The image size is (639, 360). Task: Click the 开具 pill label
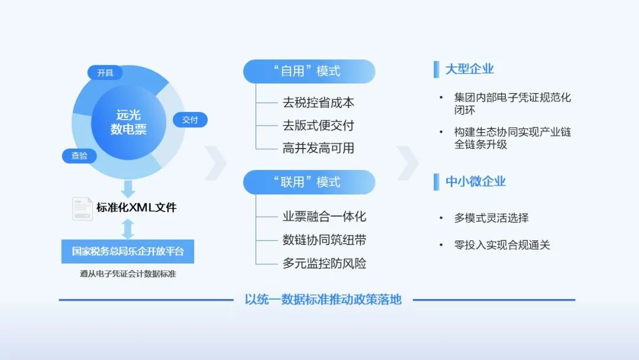click(105, 73)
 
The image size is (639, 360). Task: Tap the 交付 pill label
click(190, 120)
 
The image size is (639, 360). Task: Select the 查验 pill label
click(79, 156)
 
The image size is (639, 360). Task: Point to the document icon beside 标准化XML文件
click(82, 208)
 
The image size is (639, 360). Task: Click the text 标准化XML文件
click(137, 208)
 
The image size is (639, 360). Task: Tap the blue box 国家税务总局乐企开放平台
click(128, 251)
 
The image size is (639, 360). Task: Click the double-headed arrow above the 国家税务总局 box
click(128, 229)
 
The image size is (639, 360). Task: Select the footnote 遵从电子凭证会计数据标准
click(128, 274)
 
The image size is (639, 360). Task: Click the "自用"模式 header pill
click(309, 72)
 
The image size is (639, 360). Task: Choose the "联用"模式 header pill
click(309, 182)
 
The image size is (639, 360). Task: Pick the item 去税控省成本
click(318, 102)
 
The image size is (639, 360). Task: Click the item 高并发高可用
click(318, 148)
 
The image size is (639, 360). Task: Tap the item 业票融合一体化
click(324, 217)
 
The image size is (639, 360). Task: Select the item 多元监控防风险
click(324, 263)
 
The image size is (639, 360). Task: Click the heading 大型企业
click(470, 69)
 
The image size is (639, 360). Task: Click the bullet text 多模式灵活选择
click(491, 218)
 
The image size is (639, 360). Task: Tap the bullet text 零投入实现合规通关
click(502, 245)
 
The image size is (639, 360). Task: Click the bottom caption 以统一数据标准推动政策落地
click(323, 300)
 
